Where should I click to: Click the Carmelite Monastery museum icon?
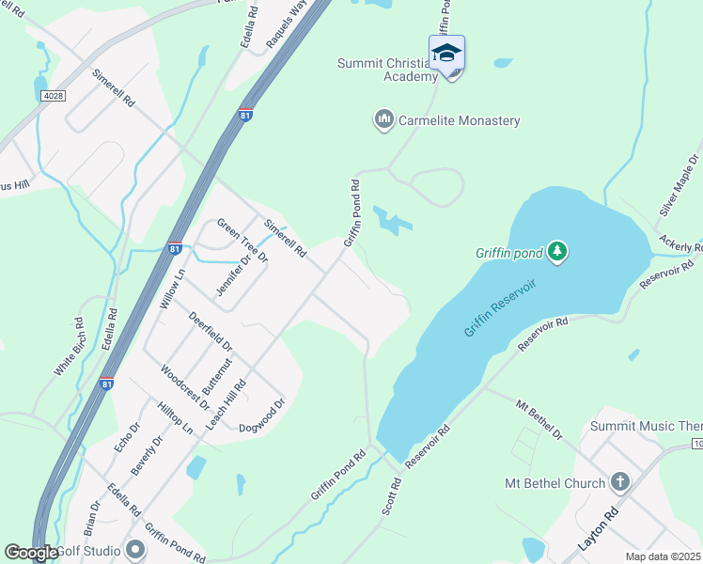[383, 120]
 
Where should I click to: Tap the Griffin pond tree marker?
[558, 251]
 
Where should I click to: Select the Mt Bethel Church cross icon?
[618, 483]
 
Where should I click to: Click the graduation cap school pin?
[447, 54]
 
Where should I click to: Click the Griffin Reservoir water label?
[504, 300]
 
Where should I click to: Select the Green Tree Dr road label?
[242, 241]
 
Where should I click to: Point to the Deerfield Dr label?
[210, 332]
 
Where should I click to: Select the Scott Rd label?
[392, 496]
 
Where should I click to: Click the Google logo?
[31, 552]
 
